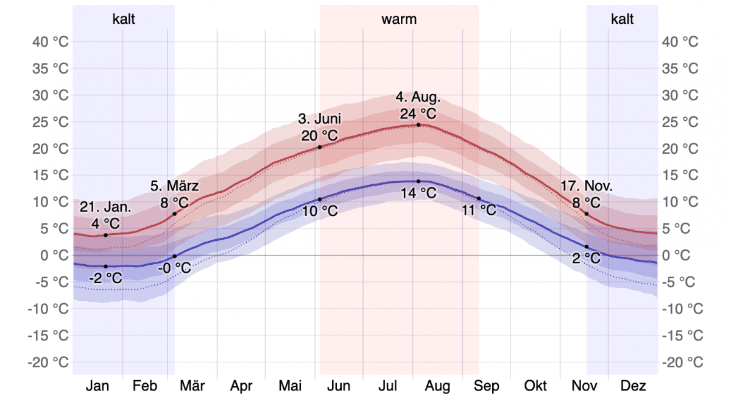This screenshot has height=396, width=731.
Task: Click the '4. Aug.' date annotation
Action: [418, 98]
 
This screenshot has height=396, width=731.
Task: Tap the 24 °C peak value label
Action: [418, 113]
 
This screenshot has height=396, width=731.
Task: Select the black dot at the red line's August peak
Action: [418, 125]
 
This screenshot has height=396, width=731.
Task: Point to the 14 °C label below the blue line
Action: [418, 193]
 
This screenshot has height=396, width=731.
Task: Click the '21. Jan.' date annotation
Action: [105, 207]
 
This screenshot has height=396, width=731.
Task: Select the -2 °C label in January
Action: [105, 278]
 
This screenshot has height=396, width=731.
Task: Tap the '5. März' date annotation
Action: [175, 187]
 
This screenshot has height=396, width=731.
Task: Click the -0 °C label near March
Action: [175, 267]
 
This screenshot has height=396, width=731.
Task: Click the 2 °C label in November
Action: [587, 258]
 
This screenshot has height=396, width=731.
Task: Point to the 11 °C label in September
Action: [479, 211]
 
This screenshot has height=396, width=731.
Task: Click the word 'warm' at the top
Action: [399, 19]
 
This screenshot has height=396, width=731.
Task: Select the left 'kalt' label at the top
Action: [124, 19]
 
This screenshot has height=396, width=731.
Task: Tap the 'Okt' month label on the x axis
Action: [535, 386]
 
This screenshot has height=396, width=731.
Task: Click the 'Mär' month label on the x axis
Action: [192, 386]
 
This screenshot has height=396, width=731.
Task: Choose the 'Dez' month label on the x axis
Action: [633, 386]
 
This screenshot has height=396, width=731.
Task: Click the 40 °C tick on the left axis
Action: [51, 42]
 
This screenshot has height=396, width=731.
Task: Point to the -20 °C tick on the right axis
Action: [682, 362]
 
